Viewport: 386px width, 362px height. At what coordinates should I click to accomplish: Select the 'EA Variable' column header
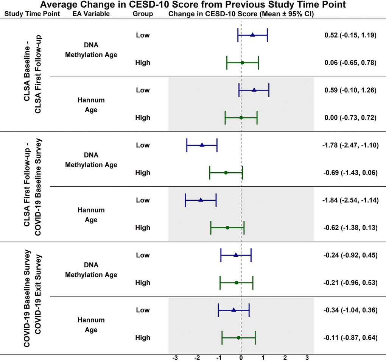(91, 14)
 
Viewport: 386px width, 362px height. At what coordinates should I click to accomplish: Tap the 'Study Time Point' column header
(32, 14)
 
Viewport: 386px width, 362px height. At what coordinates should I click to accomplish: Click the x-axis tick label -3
(175, 357)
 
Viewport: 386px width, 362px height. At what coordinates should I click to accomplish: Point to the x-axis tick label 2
(285, 357)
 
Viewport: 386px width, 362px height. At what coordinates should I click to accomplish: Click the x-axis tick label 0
(241, 357)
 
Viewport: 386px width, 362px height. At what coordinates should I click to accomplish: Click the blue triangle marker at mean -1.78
(202, 145)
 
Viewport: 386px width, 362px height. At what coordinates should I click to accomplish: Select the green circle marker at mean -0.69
(226, 173)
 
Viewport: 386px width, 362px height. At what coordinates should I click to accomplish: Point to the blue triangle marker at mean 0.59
(254, 90)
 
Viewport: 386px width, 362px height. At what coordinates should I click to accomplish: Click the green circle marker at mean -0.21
(237, 282)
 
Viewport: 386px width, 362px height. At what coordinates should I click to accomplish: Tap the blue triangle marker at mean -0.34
(233, 310)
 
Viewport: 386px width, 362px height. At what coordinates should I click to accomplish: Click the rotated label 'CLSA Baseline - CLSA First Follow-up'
(32, 76)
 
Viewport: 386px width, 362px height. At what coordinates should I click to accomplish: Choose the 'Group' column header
(143, 14)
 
